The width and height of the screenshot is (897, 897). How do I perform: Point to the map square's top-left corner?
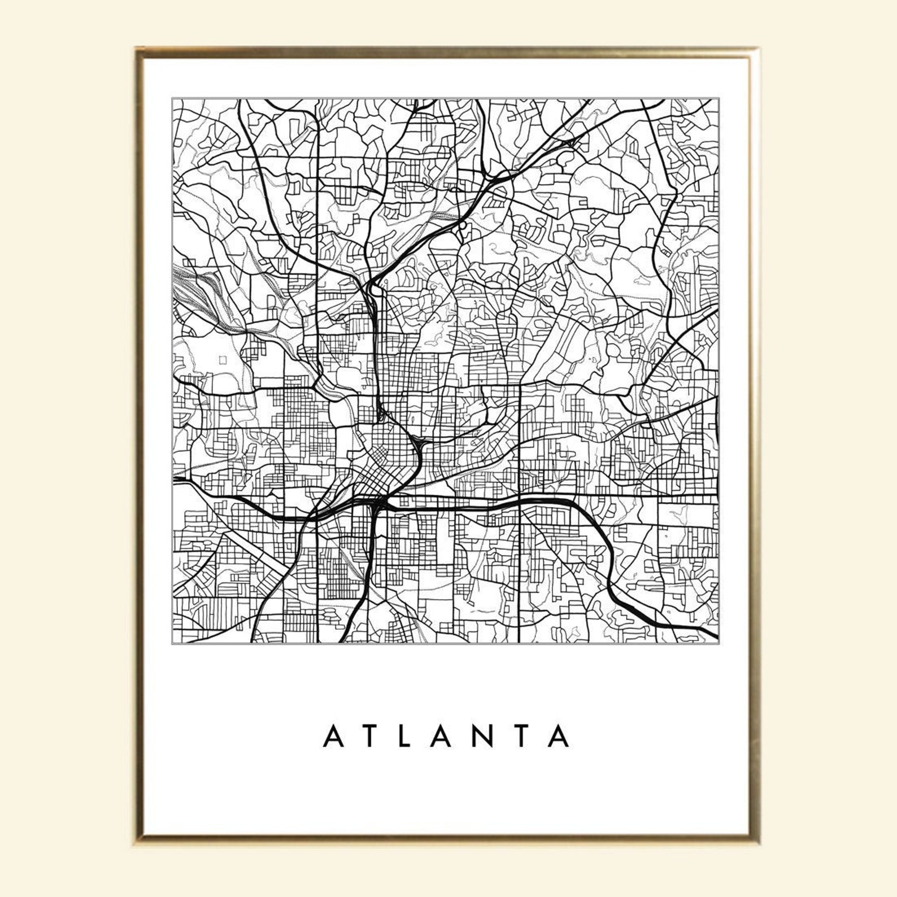(172, 99)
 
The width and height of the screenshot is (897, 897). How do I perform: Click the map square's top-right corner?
(719, 99)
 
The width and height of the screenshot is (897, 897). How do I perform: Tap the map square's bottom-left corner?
(172, 643)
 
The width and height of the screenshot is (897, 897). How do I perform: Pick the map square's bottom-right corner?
(719, 643)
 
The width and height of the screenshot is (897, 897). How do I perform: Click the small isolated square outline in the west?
(222, 359)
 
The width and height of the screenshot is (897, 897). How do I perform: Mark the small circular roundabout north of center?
(463, 225)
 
